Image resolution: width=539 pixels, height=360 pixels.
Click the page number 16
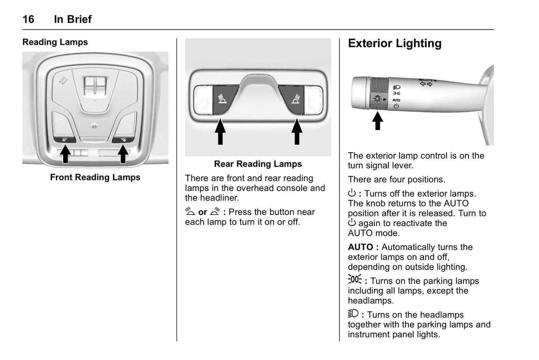point(28,19)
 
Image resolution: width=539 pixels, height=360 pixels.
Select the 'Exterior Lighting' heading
point(395,44)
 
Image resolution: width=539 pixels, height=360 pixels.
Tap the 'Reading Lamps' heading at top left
point(55,42)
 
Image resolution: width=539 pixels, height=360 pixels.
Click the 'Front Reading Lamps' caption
point(95,177)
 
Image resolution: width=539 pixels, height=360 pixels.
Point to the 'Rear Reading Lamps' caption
point(258,164)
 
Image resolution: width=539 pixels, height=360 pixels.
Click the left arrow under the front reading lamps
point(66,154)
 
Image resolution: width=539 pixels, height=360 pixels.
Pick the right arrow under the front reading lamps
point(123,154)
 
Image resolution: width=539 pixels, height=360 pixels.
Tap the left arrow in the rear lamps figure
point(220,131)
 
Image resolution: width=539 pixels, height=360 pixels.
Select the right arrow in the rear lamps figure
point(297,131)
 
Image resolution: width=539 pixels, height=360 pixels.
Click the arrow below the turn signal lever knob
point(378,121)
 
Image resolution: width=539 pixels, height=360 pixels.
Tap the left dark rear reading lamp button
point(223,99)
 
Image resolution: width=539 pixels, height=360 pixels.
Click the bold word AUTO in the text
point(360,247)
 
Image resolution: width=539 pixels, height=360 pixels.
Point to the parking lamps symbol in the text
point(355,279)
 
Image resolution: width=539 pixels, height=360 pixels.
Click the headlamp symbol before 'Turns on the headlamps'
point(353,313)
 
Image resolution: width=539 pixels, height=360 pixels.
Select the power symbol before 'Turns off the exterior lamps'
point(352,193)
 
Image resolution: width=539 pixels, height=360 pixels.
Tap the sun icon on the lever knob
point(377,99)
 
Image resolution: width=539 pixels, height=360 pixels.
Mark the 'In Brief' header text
point(73,19)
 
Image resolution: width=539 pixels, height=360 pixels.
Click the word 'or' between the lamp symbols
point(203,212)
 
